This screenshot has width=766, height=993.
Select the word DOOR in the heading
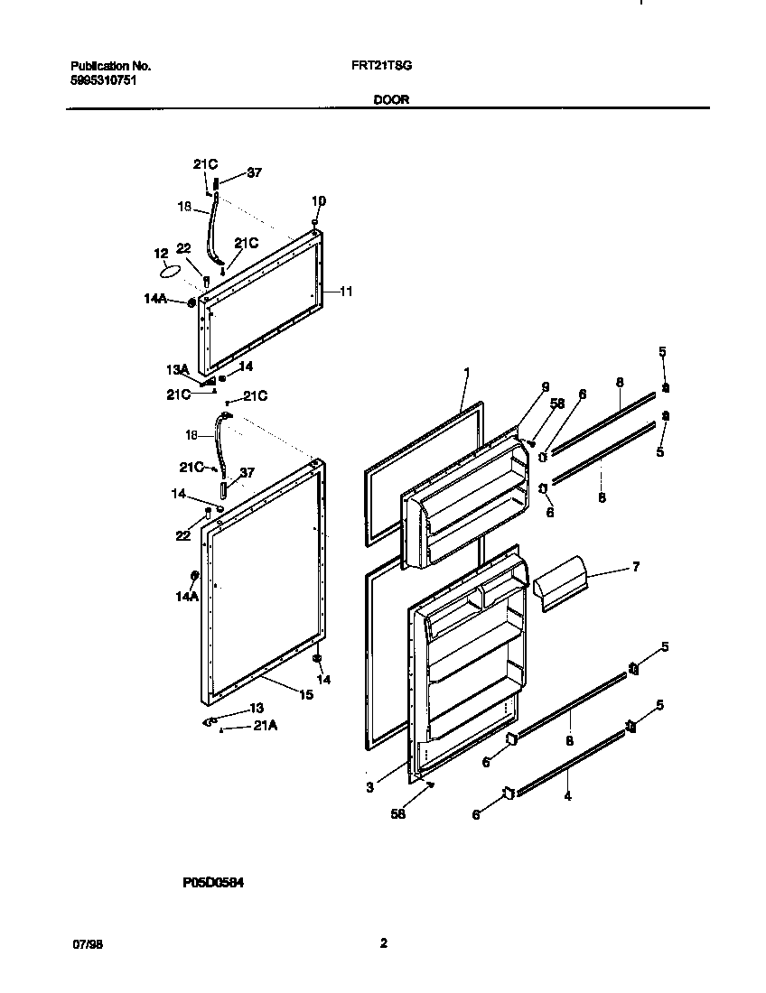[391, 100]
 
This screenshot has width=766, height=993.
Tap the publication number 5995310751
[104, 79]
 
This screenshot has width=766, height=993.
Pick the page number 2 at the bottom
[383, 943]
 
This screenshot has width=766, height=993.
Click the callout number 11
[346, 292]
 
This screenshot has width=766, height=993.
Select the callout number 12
[161, 254]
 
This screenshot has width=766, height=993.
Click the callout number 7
[636, 566]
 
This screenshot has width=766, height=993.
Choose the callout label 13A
[176, 368]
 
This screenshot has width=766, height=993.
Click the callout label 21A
[266, 725]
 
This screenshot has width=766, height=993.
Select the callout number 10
[318, 200]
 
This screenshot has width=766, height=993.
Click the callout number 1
[467, 371]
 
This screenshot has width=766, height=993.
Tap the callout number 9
[546, 386]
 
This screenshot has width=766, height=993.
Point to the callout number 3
[369, 787]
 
